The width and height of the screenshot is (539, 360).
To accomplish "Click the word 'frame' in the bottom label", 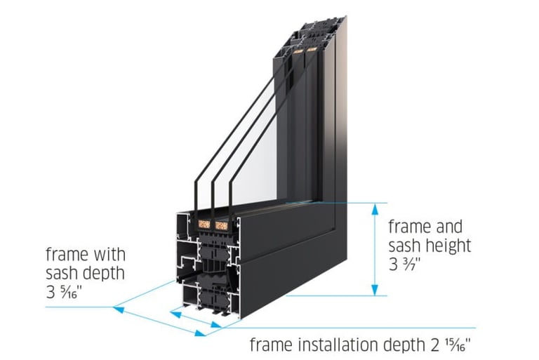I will click(x=270, y=345).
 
